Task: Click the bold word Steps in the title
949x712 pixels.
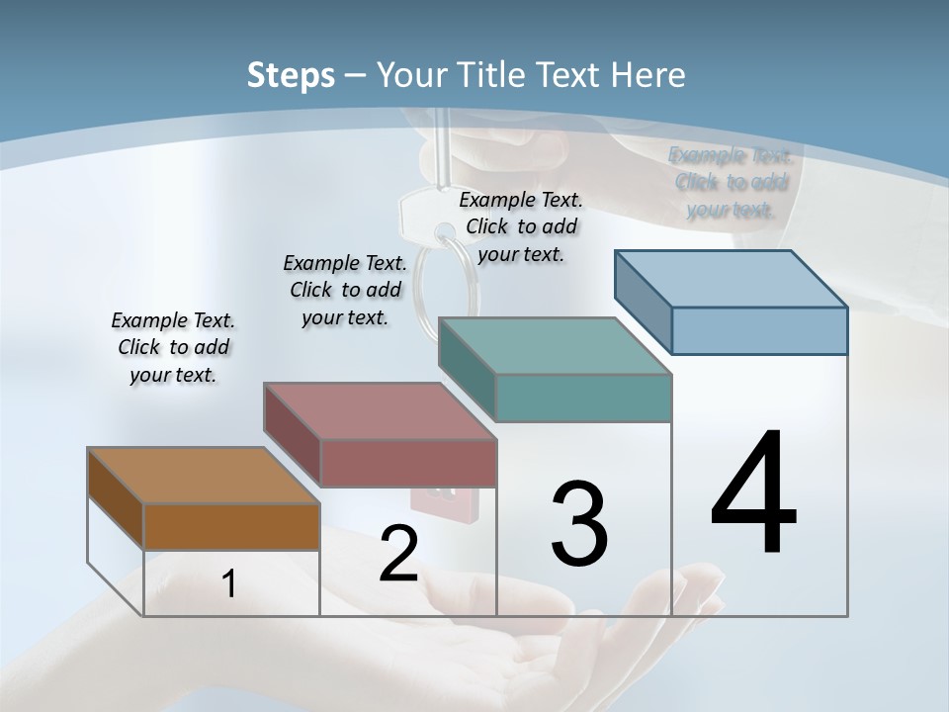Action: click(x=291, y=75)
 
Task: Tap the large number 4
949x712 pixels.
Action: click(x=753, y=494)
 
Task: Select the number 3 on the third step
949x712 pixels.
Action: click(x=579, y=524)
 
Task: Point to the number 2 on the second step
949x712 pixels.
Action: click(x=398, y=555)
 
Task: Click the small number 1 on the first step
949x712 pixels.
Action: click(x=229, y=584)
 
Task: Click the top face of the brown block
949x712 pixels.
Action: click(x=203, y=476)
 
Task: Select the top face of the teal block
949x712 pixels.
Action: click(x=554, y=345)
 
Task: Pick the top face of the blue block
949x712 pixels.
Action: click(x=732, y=278)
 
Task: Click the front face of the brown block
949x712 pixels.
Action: click(x=231, y=527)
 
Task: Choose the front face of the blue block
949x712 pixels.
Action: click(x=759, y=330)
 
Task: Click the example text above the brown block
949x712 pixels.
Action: click(x=173, y=348)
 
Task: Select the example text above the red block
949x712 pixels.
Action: click(x=345, y=290)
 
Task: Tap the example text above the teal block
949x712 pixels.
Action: click(x=521, y=227)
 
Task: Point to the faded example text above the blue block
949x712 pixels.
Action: click(x=731, y=182)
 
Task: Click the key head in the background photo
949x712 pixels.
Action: click(x=419, y=214)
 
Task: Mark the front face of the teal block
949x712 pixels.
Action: click(x=583, y=399)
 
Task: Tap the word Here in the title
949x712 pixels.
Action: click(x=653, y=75)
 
